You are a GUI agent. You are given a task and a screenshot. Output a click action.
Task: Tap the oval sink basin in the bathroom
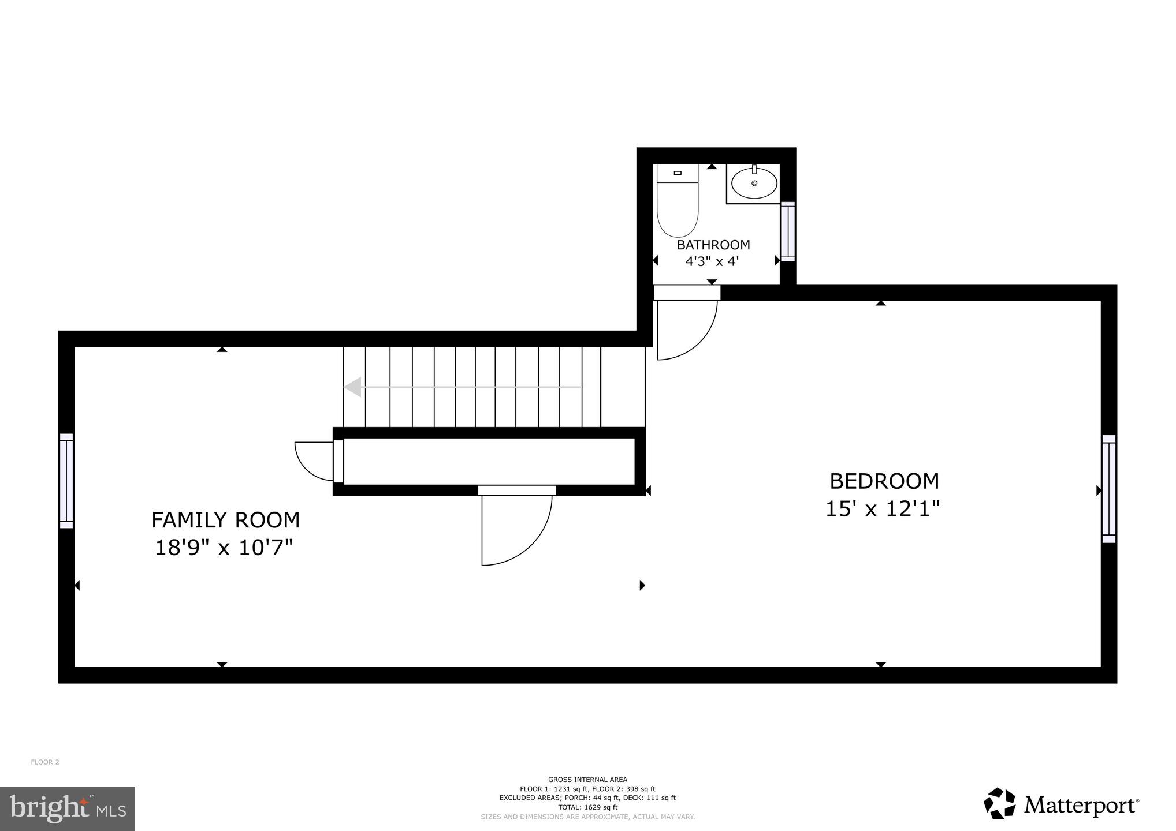coord(754,184)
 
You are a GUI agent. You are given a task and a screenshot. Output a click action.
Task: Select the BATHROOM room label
coord(713,245)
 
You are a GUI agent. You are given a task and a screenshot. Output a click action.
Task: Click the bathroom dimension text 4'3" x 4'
coord(712,261)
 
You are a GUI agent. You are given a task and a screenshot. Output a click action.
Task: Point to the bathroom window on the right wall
coord(788,231)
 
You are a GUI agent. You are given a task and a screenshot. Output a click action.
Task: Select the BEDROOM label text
coord(884,481)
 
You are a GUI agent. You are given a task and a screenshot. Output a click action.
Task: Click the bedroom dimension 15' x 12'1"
coord(882,509)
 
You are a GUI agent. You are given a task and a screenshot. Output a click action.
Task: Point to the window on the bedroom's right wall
coord(1108,489)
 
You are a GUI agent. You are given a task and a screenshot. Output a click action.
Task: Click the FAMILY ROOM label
coord(225,520)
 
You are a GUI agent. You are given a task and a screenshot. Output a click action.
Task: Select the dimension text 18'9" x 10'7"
coord(224,547)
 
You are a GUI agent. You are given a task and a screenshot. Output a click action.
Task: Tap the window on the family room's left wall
coord(66,481)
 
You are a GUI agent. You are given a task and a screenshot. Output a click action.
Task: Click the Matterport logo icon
coord(999,803)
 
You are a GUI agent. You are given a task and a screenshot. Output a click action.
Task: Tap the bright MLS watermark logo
coord(67,808)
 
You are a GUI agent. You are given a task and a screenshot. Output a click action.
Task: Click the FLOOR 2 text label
coord(45,762)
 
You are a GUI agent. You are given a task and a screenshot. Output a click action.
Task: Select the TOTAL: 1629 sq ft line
coord(587,807)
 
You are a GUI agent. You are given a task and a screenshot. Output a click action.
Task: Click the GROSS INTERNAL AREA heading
coord(587,780)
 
